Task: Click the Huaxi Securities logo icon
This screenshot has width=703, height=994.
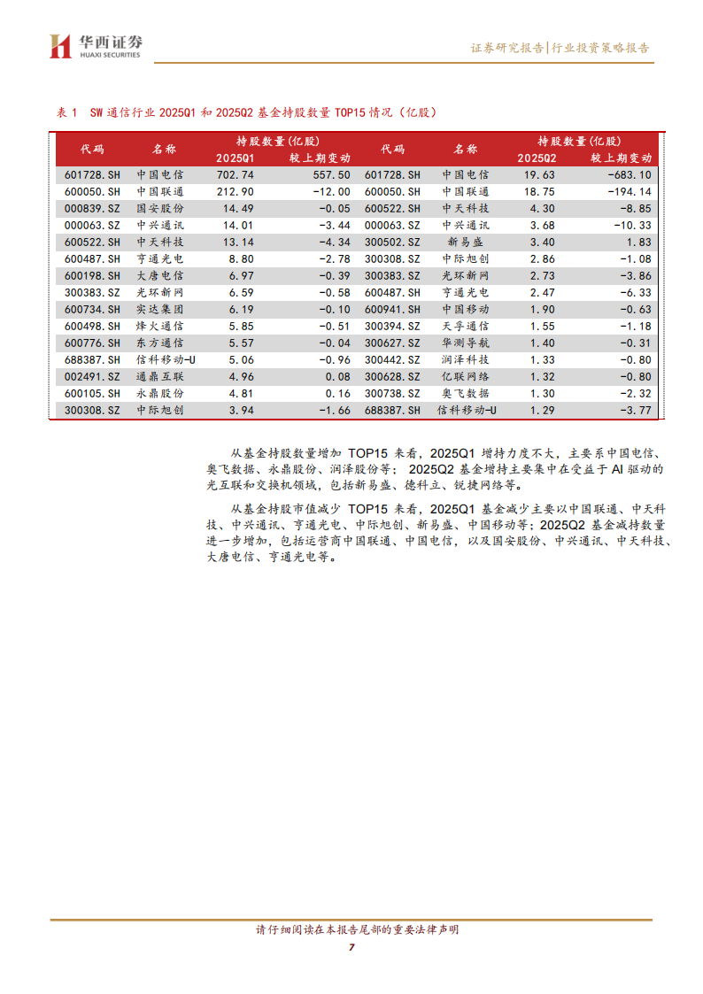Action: click(x=60, y=47)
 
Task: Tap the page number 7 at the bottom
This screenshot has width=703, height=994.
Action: click(x=351, y=948)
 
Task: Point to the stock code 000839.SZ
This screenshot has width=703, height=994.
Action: click(x=92, y=207)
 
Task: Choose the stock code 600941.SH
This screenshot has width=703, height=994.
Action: click(x=392, y=309)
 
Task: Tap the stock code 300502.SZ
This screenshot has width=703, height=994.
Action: click(x=392, y=242)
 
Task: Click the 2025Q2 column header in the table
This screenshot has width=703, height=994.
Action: click(x=542, y=158)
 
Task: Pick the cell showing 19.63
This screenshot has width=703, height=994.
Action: click(x=542, y=175)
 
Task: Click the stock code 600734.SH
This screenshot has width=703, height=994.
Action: click(x=92, y=309)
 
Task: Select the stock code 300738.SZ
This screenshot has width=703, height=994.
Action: click(x=392, y=393)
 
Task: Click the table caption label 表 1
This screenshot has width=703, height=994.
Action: click(x=67, y=112)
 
